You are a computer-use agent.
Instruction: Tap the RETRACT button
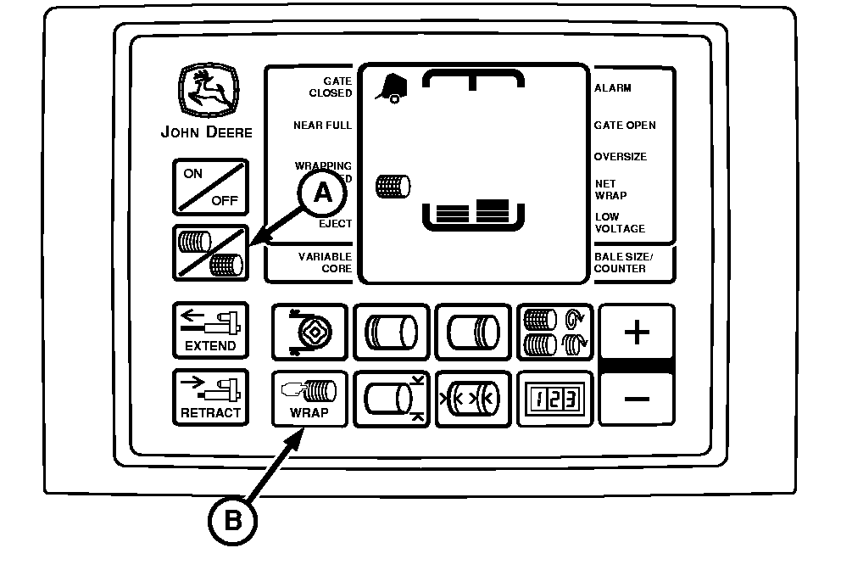[211, 397]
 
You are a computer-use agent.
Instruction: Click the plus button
[637, 332]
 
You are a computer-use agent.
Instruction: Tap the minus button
[637, 398]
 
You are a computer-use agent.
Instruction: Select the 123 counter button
[554, 398]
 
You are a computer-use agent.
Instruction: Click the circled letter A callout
[322, 193]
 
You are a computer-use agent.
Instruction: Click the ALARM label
[613, 88]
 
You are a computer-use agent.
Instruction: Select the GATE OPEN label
[625, 126]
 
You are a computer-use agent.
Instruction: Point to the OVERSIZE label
[621, 157]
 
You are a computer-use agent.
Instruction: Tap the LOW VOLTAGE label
[620, 223]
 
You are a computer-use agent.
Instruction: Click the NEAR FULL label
[322, 126]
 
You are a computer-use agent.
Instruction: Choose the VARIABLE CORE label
[325, 262]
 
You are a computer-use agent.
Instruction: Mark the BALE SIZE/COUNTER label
[624, 262]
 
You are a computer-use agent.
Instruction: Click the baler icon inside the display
[391, 86]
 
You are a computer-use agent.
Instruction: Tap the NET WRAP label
[611, 189]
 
